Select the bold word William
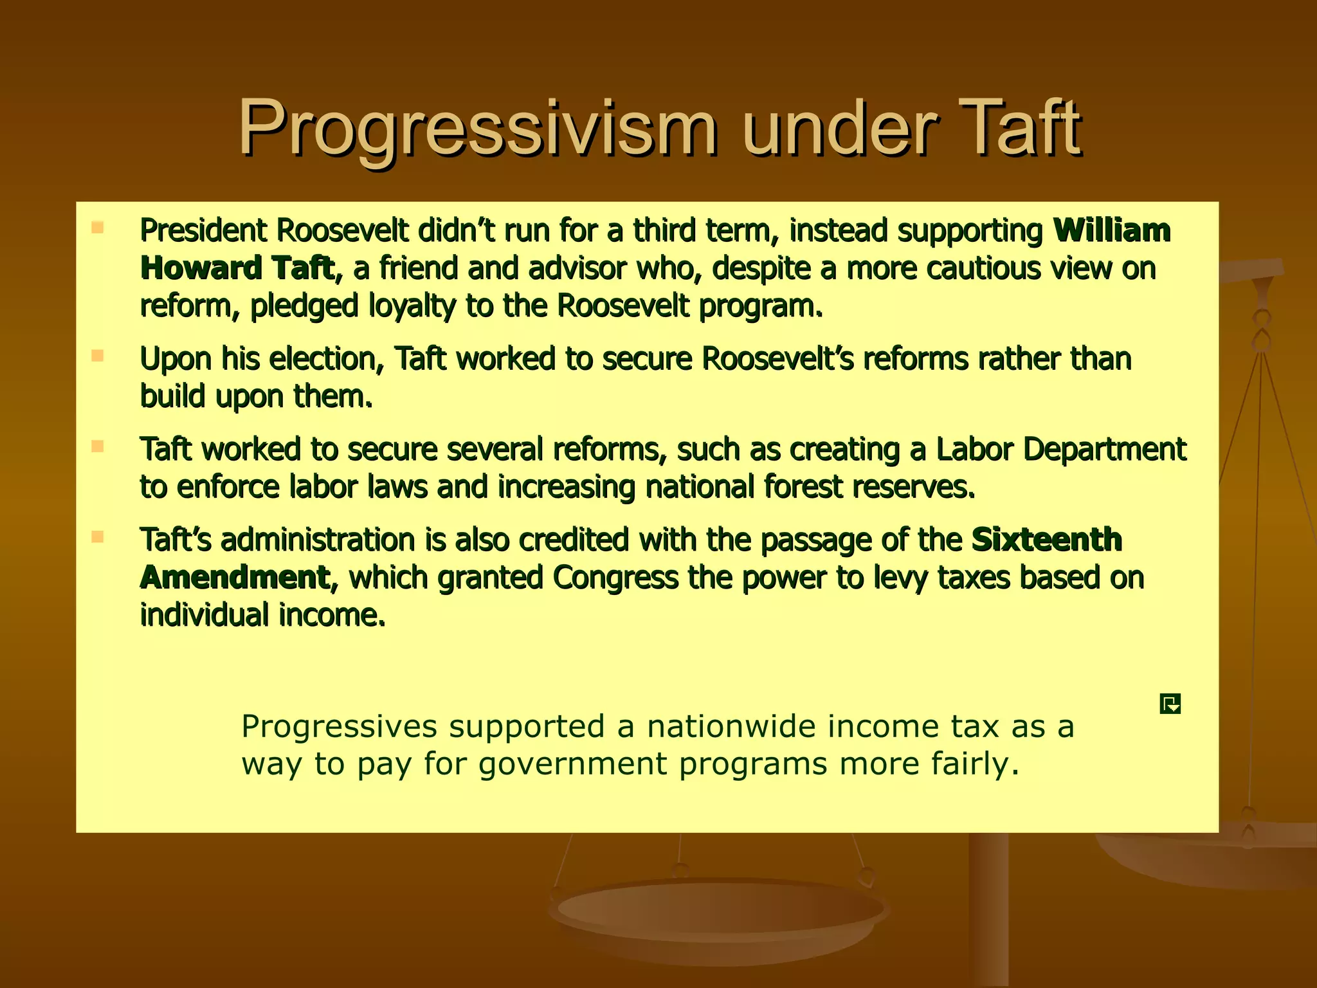[1111, 230]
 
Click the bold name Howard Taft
[237, 268]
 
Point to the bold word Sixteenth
[1046, 540]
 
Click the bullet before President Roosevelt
[98, 227]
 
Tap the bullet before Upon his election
[98, 356]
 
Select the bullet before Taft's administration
[98, 536]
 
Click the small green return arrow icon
[1170, 704]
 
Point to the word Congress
[615, 578]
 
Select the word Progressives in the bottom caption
[339, 727]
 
